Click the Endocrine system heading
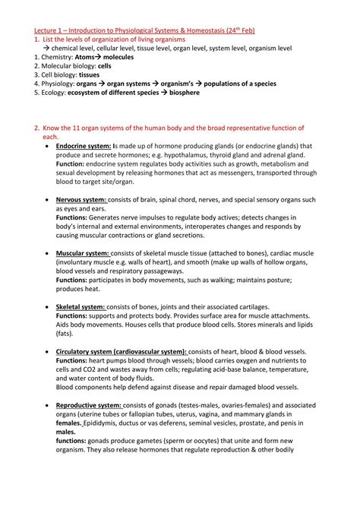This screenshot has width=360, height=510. (84, 145)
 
